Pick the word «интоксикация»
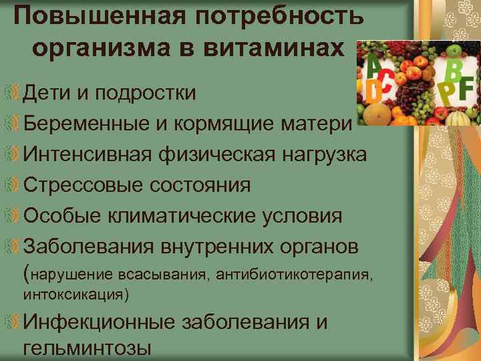73,293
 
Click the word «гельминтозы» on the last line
87,348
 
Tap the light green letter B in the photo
457,69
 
